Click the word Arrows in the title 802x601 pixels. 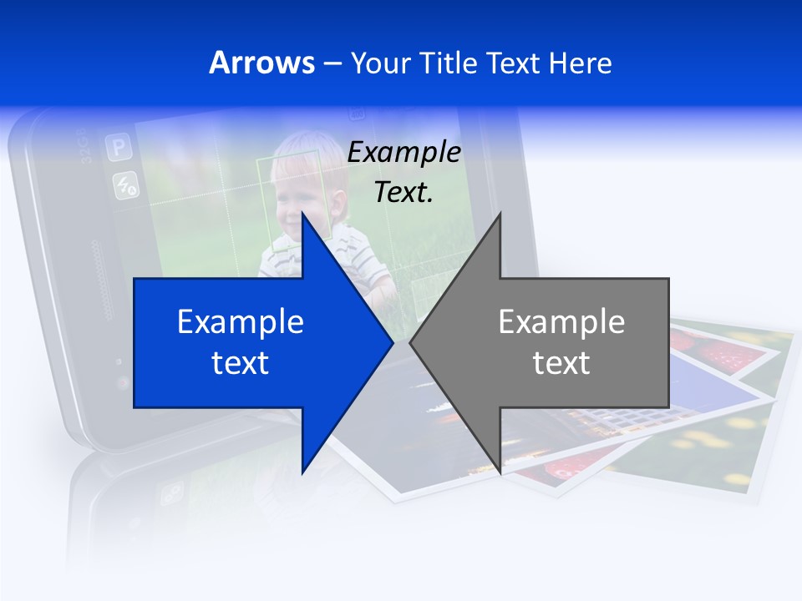tap(261, 63)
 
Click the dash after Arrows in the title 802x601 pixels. tap(332, 63)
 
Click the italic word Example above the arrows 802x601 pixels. tap(404, 153)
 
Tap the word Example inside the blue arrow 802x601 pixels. tap(241, 322)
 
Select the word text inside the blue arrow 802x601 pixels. tap(241, 363)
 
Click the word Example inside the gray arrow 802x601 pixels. tap(561, 322)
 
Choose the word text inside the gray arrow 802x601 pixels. tap(561, 363)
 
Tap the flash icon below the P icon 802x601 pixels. tap(126, 185)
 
